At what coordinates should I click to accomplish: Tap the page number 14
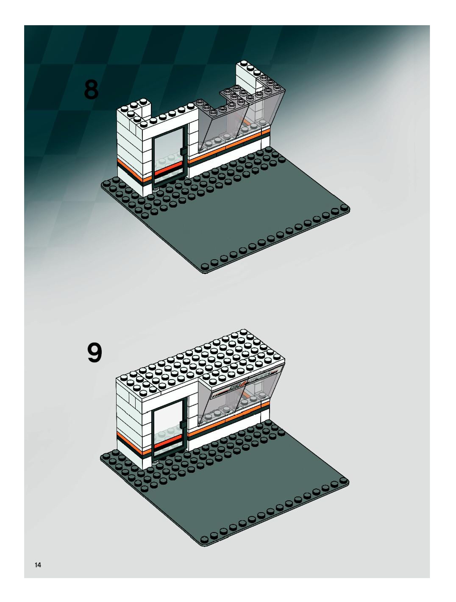tap(38, 565)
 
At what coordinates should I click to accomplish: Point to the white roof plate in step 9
tap(202, 362)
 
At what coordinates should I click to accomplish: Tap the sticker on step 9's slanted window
tap(245, 384)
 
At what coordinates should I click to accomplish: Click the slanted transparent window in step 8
tap(218, 128)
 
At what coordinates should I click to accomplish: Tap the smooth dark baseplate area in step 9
tap(245, 490)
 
